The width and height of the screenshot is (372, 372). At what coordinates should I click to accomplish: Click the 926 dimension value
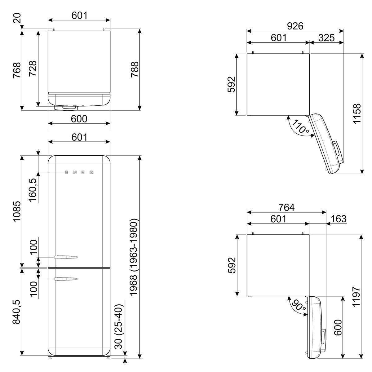295,26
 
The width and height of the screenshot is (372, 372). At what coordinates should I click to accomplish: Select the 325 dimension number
326,38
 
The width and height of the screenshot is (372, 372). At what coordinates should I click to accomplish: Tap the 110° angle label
300,127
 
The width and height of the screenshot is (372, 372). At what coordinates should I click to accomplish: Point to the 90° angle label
299,306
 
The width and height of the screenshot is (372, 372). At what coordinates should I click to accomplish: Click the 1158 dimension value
357,113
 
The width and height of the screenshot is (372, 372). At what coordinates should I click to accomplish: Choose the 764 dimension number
286,207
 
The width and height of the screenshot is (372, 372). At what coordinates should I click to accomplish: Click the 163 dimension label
339,219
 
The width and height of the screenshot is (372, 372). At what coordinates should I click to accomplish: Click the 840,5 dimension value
16,312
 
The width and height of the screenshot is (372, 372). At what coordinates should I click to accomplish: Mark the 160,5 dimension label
33,190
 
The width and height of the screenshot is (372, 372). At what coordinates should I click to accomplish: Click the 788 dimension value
135,69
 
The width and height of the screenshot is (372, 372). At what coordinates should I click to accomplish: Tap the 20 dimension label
17,18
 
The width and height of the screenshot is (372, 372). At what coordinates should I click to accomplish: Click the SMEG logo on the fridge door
79,172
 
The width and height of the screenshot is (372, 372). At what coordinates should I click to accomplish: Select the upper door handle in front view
66,257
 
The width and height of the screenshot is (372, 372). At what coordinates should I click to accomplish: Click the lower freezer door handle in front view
66,279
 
